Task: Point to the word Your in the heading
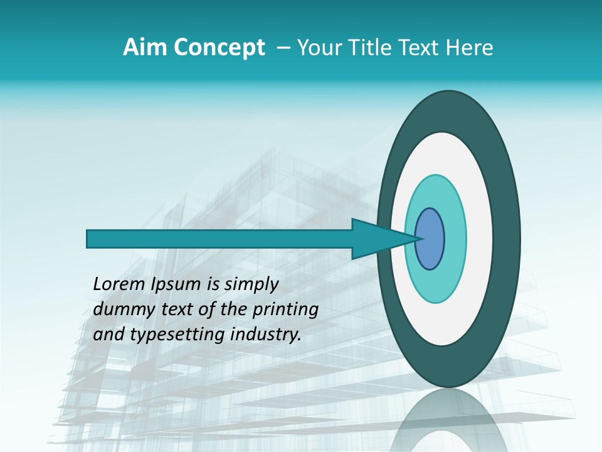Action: tap(318, 48)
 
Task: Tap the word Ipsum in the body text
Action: tap(175, 285)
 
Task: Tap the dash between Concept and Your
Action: tap(283, 48)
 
